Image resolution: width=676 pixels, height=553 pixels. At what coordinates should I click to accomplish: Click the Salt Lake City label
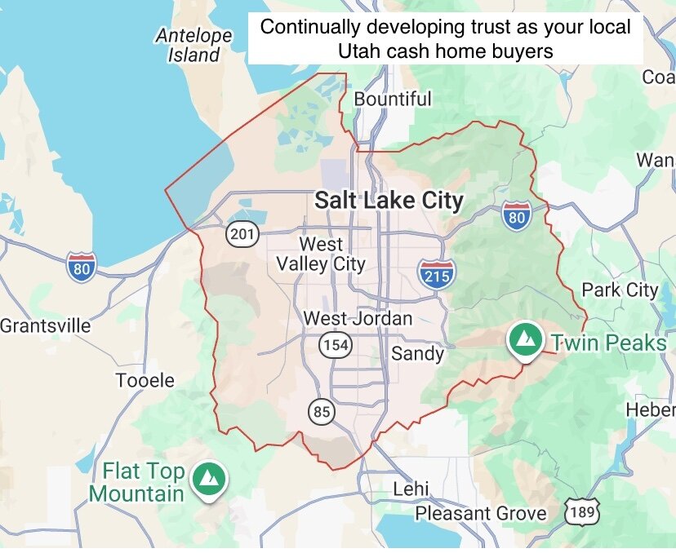(x=389, y=201)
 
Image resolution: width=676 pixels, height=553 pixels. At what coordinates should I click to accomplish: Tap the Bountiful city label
(x=393, y=100)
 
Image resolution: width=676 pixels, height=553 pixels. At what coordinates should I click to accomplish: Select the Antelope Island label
(x=194, y=46)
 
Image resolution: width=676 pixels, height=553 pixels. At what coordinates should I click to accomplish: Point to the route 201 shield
(x=242, y=235)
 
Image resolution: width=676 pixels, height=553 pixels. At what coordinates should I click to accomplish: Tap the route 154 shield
(x=336, y=345)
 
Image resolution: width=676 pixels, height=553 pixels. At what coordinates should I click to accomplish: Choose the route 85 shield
(x=322, y=412)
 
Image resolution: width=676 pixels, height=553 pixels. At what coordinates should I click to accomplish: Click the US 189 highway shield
(x=582, y=512)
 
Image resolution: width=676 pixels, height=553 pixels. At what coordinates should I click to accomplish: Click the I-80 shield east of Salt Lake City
(x=516, y=216)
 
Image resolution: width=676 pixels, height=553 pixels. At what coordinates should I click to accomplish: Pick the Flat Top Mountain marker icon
(x=210, y=480)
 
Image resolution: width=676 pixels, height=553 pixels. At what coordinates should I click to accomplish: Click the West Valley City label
(x=321, y=254)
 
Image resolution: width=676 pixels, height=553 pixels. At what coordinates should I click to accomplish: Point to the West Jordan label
(x=358, y=318)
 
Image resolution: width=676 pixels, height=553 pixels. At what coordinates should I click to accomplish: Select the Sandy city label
(x=417, y=353)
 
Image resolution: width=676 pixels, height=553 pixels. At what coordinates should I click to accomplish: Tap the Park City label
(x=619, y=290)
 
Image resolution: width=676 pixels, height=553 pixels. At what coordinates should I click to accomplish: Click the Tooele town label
(x=145, y=380)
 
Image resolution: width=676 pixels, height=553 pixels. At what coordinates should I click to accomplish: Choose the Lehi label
(x=411, y=489)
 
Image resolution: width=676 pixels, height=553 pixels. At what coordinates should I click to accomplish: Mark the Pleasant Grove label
(x=481, y=513)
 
